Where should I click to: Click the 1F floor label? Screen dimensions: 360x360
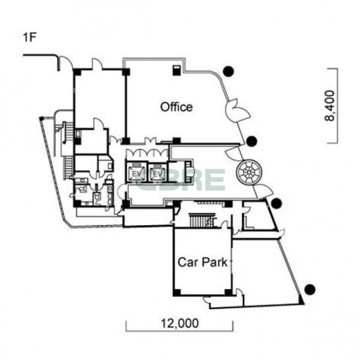[x=30, y=38]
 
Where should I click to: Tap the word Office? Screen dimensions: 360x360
[x=176, y=107]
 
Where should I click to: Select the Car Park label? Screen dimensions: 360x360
[x=202, y=262]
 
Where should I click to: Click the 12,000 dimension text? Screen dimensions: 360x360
[x=180, y=323]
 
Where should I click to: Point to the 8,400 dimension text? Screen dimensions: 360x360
[x=330, y=106]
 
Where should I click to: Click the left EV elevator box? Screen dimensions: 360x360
[x=136, y=173]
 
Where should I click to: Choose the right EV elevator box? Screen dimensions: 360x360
[x=157, y=173]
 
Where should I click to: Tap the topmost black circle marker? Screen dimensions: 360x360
[x=228, y=71]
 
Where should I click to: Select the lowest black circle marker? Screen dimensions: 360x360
[x=310, y=289]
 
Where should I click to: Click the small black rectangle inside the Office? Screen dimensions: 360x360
[x=177, y=70]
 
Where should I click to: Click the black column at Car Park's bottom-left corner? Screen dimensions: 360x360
[x=177, y=292]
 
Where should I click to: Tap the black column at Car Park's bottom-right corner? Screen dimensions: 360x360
[x=228, y=292]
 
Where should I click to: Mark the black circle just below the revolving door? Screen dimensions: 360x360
[x=277, y=203]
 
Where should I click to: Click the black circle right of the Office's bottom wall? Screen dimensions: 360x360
[x=252, y=141]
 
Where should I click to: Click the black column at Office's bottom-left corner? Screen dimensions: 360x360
[x=126, y=141]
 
